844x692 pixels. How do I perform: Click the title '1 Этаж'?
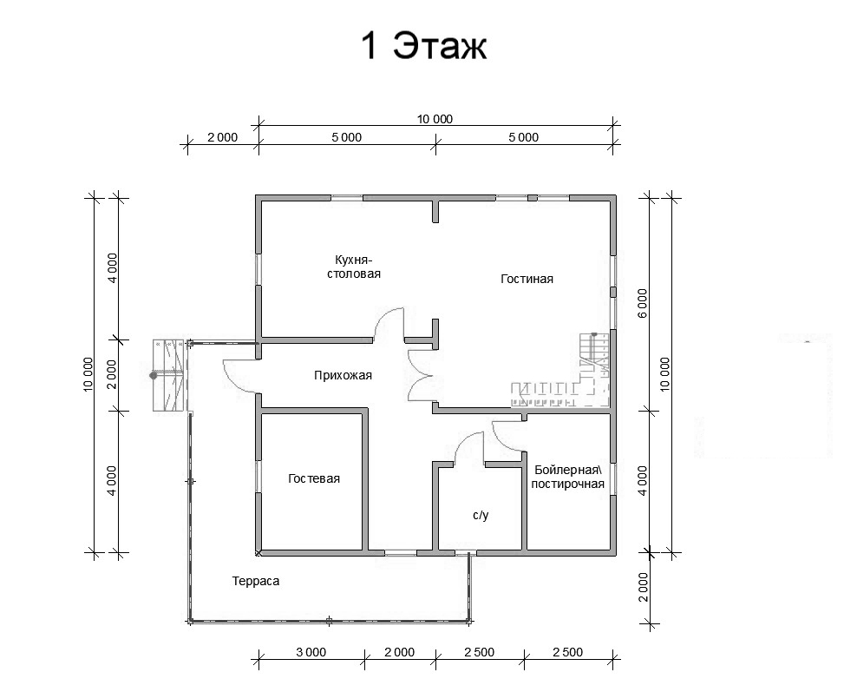tap(423, 45)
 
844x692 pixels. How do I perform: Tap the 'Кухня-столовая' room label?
tap(354, 267)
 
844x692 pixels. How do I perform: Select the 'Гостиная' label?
tap(527, 279)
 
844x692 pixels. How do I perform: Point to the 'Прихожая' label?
tap(343, 375)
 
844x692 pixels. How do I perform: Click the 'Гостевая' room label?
tap(314, 478)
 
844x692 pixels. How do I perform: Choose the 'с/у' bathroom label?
tap(481, 516)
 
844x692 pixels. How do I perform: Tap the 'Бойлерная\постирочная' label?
tap(568, 477)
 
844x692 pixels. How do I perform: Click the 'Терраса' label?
tap(256, 581)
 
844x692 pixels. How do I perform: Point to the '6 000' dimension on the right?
tap(642, 303)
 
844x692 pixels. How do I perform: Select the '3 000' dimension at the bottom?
tap(311, 652)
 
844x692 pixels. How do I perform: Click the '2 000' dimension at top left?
tap(222, 137)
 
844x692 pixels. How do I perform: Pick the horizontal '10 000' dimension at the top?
tap(435, 119)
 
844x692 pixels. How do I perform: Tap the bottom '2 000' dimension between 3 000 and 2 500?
tap(399, 652)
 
